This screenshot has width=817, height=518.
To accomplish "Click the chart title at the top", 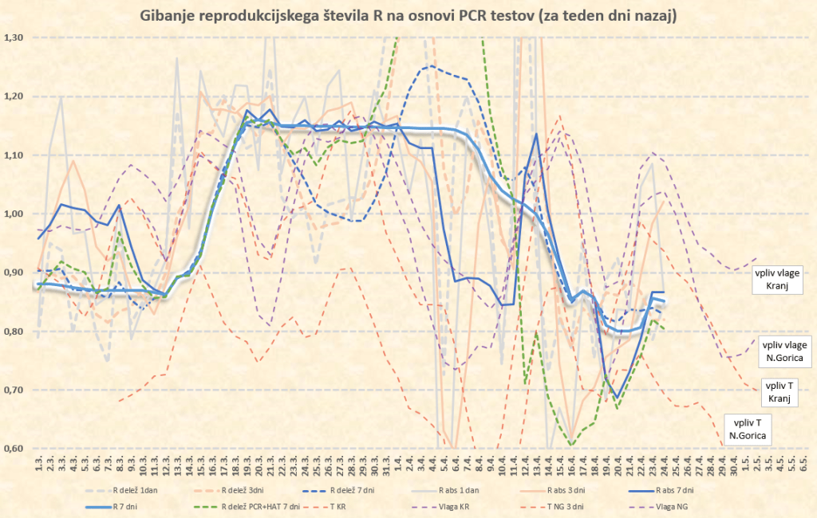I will (x=408, y=15).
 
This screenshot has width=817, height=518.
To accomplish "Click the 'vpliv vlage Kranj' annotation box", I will (x=781, y=280).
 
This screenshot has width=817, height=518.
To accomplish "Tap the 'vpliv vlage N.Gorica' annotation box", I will (x=785, y=351).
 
